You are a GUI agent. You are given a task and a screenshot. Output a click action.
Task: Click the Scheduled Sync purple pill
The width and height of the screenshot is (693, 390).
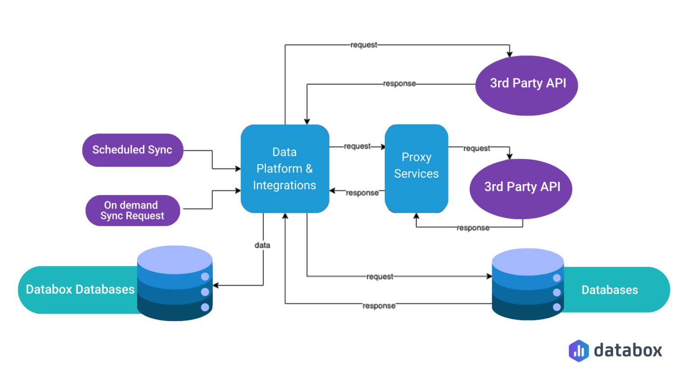pyautogui.click(x=132, y=150)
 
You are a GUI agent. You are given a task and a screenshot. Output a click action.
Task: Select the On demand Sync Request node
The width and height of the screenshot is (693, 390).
pyautogui.click(x=132, y=210)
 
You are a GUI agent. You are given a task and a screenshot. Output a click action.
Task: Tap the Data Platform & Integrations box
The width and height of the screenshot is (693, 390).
pyautogui.click(x=285, y=169)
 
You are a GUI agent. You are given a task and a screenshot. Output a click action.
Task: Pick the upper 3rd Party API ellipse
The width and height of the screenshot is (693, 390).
pyautogui.click(x=527, y=85)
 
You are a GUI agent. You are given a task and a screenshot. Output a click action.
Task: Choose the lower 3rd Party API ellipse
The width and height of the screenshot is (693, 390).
pyautogui.click(x=521, y=188)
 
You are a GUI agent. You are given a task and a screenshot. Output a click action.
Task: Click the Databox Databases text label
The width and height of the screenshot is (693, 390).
pyautogui.click(x=80, y=289)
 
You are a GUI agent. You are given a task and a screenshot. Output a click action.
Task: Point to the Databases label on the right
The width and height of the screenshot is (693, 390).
pyautogui.click(x=610, y=290)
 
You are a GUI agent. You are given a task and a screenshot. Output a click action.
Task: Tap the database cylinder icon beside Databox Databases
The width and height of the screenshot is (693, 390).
pyautogui.click(x=175, y=283)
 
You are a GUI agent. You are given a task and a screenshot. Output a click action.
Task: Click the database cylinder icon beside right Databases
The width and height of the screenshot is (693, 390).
pyautogui.click(x=527, y=284)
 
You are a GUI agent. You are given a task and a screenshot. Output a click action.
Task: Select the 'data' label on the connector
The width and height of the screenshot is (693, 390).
pyautogui.click(x=262, y=245)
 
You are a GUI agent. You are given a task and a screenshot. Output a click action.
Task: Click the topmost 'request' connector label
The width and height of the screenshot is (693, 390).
pyautogui.click(x=364, y=45)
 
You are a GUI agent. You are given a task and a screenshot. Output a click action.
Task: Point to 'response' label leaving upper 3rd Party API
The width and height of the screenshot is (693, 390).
pyautogui.click(x=399, y=84)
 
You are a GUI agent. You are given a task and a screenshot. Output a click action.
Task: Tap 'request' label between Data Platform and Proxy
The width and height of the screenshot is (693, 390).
pyautogui.click(x=357, y=146)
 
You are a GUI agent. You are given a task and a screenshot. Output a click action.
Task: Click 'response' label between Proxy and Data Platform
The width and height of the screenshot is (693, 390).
pyautogui.click(x=362, y=193)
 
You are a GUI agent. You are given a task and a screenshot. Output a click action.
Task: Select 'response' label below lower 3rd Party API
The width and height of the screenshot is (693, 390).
pyautogui.click(x=472, y=228)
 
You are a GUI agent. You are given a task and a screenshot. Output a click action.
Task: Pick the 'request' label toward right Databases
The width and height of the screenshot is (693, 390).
pyautogui.click(x=379, y=276)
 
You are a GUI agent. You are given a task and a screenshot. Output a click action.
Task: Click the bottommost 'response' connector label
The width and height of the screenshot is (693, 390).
pyautogui.click(x=379, y=306)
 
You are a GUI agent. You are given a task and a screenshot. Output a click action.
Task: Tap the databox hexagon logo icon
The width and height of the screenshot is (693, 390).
pyautogui.click(x=578, y=351)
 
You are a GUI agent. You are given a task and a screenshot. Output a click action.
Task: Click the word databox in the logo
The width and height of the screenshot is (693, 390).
pyautogui.click(x=628, y=350)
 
